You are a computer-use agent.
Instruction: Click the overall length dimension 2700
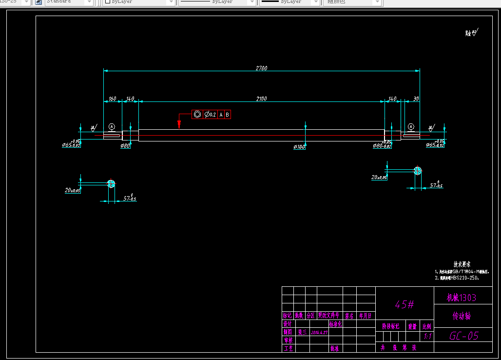click(261, 68)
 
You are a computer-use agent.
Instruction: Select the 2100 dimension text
click(261, 99)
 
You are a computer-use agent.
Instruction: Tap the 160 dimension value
click(112, 99)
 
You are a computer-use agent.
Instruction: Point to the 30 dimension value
click(415, 99)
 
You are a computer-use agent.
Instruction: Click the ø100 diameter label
click(299, 147)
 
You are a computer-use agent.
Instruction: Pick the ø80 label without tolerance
click(125, 146)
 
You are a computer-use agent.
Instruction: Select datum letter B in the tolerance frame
click(227, 115)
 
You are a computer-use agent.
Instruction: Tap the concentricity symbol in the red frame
click(197, 115)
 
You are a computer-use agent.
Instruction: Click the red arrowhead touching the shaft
click(179, 125)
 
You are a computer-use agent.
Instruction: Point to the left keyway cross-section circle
click(112, 183)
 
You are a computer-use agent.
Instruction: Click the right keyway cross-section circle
click(417, 170)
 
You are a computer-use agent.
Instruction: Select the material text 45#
click(404, 304)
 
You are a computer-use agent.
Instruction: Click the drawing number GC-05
click(463, 336)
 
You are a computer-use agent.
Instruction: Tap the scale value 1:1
click(427, 337)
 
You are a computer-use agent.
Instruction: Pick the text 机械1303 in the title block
click(461, 298)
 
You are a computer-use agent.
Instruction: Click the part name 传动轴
click(462, 316)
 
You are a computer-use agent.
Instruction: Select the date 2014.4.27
click(319, 332)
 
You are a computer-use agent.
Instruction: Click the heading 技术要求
click(462, 264)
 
